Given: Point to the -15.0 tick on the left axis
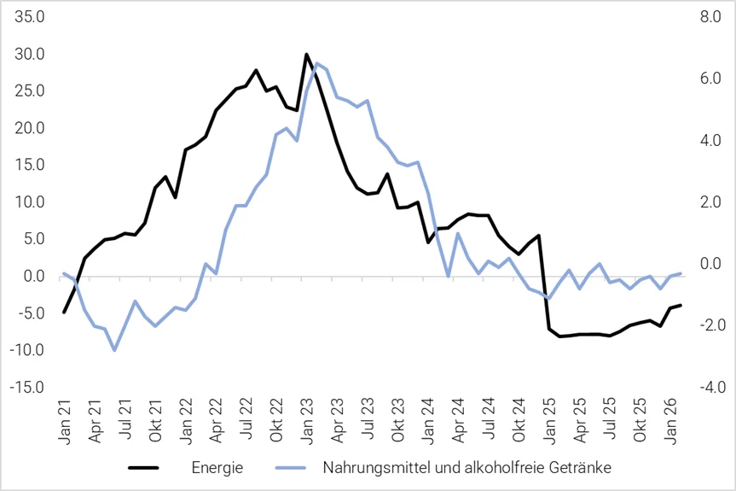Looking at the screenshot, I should (x=29, y=387).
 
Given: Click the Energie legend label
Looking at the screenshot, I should (x=217, y=467).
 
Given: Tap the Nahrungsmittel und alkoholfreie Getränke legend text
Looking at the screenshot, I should (x=467, y=467).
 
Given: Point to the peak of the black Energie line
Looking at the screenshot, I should (x=306, y=55).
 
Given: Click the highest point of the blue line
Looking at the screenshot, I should (x=316, y=64).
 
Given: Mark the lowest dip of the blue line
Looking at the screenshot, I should (x=114, y=350).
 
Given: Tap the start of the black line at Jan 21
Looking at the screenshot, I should (x=64, y=313).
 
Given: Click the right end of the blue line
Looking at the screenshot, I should (x=680, y=273).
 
